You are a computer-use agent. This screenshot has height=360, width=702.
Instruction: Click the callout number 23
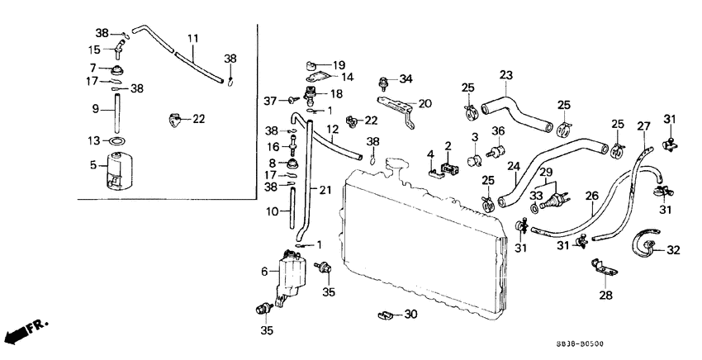click(505, 75)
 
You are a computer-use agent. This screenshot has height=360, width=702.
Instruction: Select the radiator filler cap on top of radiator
click(400, 169)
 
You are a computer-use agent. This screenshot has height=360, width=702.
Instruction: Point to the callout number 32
click(674, 249)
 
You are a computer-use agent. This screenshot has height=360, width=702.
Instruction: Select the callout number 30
click(412, 315)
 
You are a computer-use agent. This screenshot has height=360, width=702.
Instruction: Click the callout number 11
click(193, 39)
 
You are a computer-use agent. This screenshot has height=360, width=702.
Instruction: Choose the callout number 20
click(425, 104)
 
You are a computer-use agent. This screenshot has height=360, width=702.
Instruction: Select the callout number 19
click(339, 64)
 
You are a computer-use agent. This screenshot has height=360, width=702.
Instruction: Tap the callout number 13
click(95, 140)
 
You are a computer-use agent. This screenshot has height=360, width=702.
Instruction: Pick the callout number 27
click(643, 126)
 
